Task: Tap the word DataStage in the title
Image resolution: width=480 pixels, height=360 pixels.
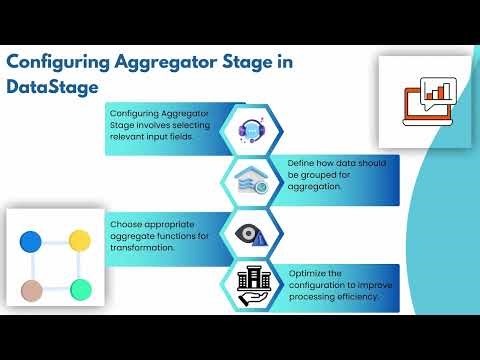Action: [53, 87]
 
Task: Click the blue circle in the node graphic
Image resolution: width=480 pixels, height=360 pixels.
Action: [31, 241]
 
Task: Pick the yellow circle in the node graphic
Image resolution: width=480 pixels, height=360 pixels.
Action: [80, 241]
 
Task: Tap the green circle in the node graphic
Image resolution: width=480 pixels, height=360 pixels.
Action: [81, 290]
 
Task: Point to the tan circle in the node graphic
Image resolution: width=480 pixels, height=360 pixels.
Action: [31, 291]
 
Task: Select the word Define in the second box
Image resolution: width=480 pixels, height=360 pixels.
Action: [302, 162]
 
